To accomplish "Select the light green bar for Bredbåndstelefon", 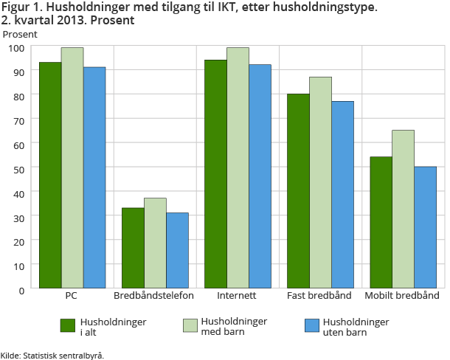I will pyautogui.click(x=155, y=243).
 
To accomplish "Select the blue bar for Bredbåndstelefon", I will pyautogui.click(x=177, y=250).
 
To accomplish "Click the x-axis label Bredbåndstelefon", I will pyautogui.click(x=154, y=296).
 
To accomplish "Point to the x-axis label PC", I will pyautogui.click(x=72, y=296).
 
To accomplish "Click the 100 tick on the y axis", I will pyautogui.click(x=17, y=48).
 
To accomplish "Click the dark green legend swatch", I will pyautogui.click(x=68, y=325).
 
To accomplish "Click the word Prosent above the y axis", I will pyautogui.click(x=20, y=34).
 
